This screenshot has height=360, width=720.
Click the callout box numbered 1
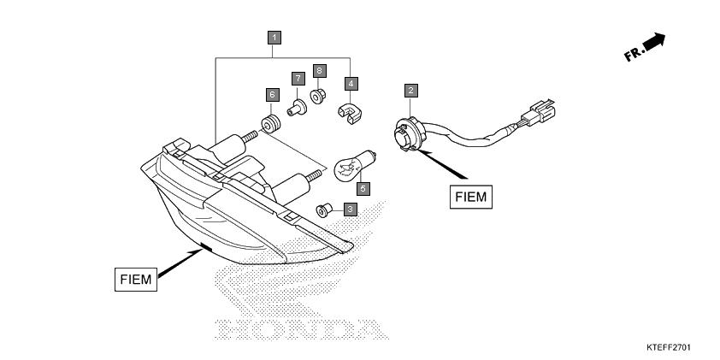pos(274,38)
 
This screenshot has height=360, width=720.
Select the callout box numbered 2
pos(411,91)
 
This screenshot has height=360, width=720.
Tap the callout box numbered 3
pos(351,210)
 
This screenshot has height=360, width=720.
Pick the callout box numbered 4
pos(351,84)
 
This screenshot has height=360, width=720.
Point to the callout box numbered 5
pos(363,189)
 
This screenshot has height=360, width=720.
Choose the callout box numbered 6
pos(272,95)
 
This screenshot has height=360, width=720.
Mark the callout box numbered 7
pos(298,79)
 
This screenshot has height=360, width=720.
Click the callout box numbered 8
pos(320,71)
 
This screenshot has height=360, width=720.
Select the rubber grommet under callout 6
pos(270,125)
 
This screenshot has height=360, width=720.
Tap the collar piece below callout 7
pos(297,108)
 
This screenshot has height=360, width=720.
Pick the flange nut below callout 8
pos(317,97)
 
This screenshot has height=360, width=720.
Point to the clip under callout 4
pos(350,114)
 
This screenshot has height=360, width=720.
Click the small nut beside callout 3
pos(324,210)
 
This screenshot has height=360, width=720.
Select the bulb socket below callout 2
pos(410,134)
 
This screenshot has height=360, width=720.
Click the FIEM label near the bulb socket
pos(470,197)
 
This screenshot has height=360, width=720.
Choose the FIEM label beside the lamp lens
pos(136,279)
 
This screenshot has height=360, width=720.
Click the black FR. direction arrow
pos(654,42)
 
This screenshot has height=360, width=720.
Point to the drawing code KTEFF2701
pos(669,348)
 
